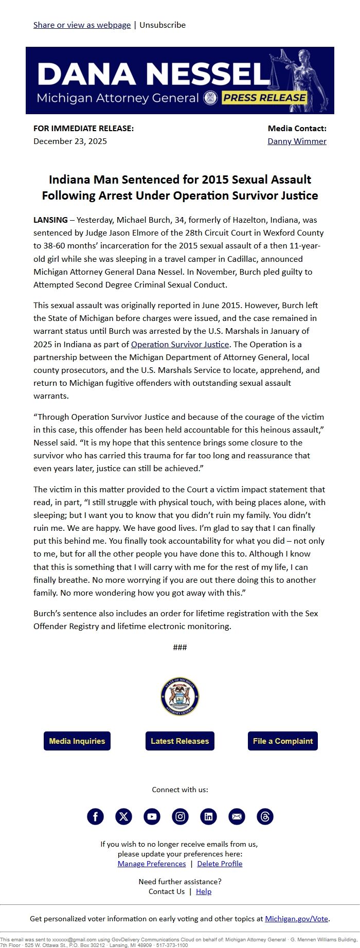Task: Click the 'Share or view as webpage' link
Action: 82,25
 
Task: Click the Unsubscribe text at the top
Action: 163,25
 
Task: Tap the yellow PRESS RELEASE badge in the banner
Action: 264,98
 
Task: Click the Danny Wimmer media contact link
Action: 297,141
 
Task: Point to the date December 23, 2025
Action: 70,141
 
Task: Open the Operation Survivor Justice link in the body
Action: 179,344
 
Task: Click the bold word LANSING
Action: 50,220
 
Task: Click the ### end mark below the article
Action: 180,647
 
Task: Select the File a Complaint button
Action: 282,741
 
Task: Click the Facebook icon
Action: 95,816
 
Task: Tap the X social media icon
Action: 123,816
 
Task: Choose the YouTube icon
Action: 152,816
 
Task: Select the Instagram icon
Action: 180,816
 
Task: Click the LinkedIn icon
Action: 208,816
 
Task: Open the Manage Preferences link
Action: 152,864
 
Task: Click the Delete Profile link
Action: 220,864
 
